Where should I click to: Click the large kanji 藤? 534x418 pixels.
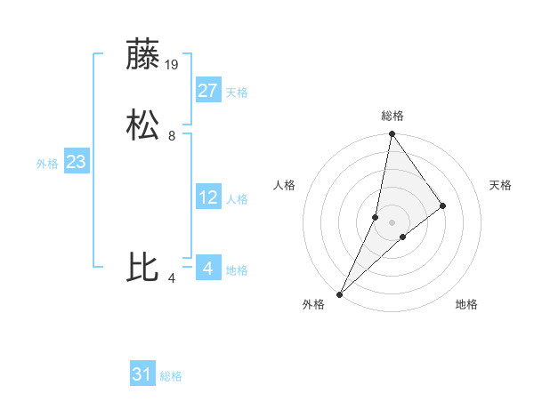pos(143,54)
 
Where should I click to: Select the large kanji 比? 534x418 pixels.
pos(143,268)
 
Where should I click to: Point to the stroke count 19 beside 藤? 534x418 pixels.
pos(173,64)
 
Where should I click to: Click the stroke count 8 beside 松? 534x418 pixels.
pos(172,136)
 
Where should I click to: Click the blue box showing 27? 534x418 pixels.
pos(208,91)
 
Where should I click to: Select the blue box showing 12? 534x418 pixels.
pos(208,197)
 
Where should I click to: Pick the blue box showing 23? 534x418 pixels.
pos(77,162)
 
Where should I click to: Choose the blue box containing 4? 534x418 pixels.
pos(208,268)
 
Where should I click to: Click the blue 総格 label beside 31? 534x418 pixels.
pos(171,376)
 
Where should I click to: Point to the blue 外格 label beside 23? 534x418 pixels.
pos(47,164)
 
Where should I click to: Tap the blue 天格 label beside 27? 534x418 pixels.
pos(237,92)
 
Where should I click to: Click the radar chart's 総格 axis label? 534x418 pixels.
pos(392,116)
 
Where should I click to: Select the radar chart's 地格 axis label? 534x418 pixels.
pos(466,305)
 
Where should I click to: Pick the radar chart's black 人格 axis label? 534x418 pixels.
pos(285,185)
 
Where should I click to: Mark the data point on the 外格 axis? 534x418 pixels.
pos(340,293)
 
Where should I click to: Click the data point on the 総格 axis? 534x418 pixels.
pos(392,134)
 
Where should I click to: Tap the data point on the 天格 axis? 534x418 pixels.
pos(443,205)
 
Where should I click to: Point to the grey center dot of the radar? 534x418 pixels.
pos(392,222)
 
